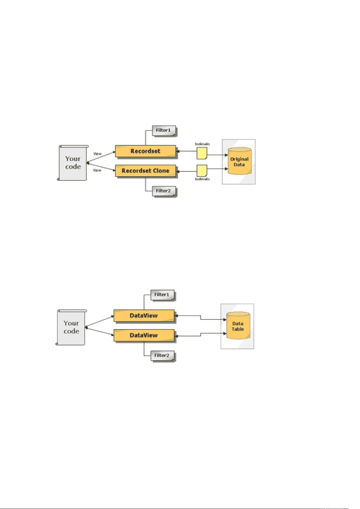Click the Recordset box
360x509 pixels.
point(145,151)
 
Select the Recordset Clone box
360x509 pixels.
point(145,171)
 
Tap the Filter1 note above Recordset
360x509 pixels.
point(164,131)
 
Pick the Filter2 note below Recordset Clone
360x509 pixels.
point(164,191)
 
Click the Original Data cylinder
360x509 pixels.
point(239,161)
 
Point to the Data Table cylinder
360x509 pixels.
point(238,326)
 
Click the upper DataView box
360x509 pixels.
point(144,316)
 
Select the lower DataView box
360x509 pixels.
point(144,335)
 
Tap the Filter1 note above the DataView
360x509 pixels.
point(162,295)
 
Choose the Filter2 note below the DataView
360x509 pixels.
point(162,356)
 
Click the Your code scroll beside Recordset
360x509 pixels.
point(73,163)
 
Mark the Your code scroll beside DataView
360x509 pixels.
point(71,327)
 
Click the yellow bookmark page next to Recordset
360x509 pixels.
point(202,153)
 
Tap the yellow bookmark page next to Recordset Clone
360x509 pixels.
point(202,171)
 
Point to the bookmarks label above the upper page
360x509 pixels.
point(202,144)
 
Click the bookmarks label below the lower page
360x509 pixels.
point(202,179)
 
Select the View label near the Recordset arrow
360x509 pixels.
point(98,154)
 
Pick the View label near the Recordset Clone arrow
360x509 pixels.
point(97,170)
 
